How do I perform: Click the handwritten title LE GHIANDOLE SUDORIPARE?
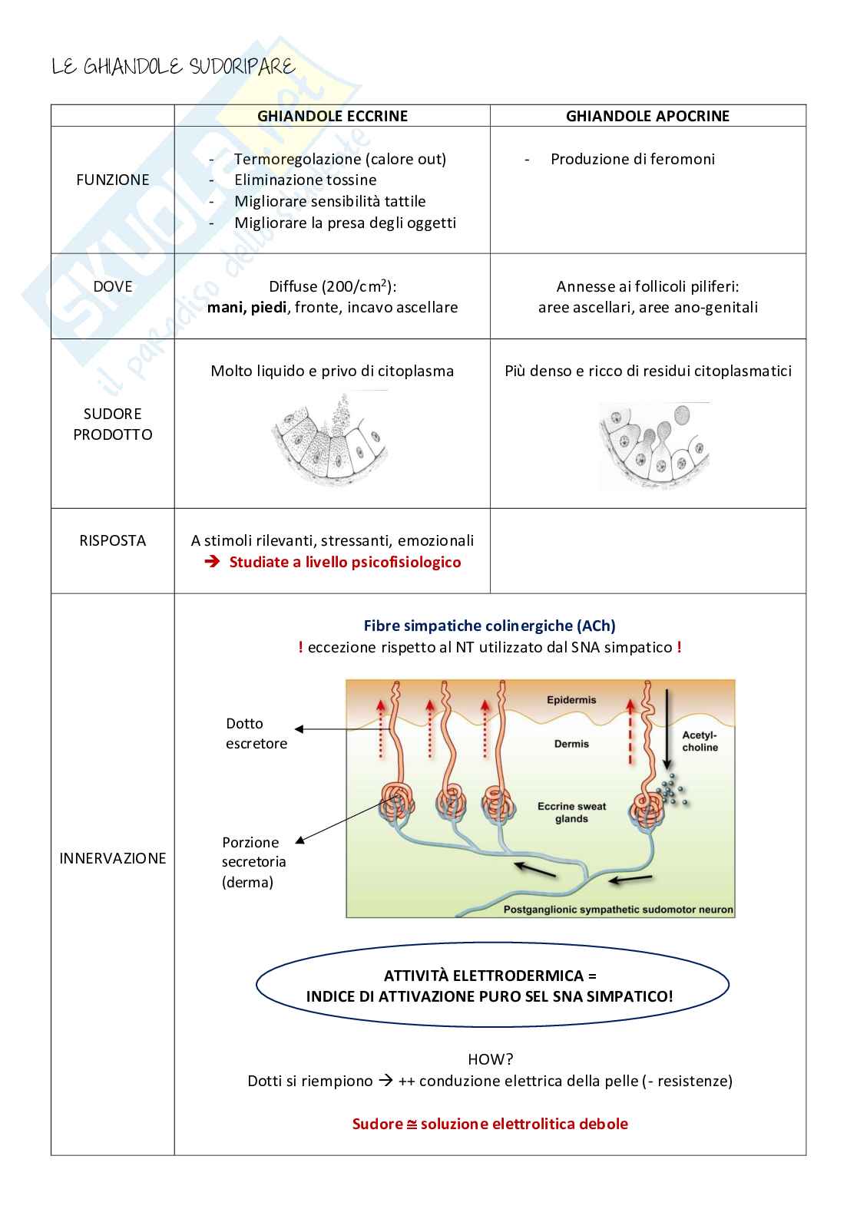coord(173,68)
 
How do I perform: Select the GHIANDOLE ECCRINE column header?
coord(332,116)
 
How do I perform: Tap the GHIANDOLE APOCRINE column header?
coord(647,116)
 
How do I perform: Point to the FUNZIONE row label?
coord(112,180)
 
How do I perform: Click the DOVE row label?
coord(112,286)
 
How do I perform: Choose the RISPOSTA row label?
coord(112,540)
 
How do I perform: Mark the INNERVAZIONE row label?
coord(112,858)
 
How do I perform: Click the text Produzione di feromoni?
coord(632,159)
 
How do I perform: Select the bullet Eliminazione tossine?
coord(305,180)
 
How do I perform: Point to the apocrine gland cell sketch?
coord(654,446)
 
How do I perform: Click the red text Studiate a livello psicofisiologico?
coord(345,562)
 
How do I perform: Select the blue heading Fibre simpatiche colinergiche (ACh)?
coord(489,626)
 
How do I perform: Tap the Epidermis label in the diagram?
coord(571,700)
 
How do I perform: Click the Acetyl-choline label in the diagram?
coord(700,741)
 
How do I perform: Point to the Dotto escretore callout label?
coord(256,733)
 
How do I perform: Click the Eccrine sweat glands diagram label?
coord(571,812)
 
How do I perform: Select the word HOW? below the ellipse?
coord(490,1059)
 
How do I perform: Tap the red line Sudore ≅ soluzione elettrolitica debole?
coord(489,1124)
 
